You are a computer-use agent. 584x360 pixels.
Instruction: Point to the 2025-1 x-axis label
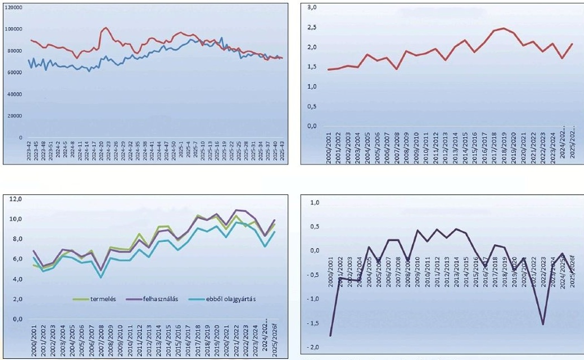[x=181, y=151]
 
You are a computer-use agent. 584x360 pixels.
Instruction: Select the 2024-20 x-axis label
[x=101, y=151]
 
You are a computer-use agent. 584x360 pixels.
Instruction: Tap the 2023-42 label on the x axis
[x=29, y=151]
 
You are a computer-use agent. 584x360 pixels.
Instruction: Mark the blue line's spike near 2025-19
[x=221, y=38]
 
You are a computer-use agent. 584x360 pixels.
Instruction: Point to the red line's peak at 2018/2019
[x=504, y=28]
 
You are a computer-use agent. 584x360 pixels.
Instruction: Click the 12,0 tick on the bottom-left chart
[x=14, y=199]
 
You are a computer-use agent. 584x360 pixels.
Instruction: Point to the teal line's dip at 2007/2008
[x=101, y=277]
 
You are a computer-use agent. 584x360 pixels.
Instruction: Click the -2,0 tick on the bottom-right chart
[x=312, y=347]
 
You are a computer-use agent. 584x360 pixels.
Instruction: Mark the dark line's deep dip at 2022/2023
[x=543, y=324]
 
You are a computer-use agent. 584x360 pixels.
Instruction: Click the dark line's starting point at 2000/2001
[x=330, y=336]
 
